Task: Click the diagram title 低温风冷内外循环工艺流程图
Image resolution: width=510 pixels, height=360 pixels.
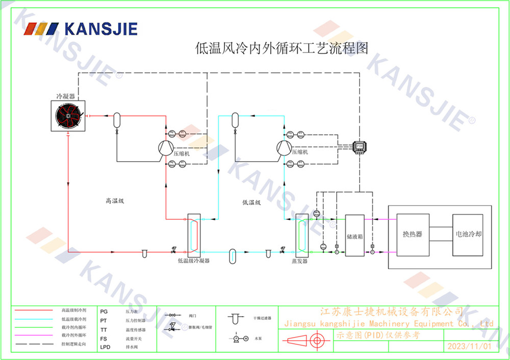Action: pos(282,48)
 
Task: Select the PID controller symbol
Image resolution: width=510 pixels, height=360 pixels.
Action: pos(359,146)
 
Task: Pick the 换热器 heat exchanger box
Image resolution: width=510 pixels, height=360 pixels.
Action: pos(412,234)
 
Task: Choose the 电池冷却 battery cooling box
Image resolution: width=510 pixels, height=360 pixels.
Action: pos(468,234)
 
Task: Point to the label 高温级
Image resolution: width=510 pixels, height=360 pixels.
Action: pos(115,201)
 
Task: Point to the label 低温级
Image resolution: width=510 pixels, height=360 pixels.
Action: pos(251,202)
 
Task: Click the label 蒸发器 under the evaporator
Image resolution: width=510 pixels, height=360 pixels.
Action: pos(299,261)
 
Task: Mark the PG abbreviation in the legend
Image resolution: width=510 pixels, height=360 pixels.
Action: pos(104,311)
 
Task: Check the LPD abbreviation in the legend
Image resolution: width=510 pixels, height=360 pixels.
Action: pos(106,347)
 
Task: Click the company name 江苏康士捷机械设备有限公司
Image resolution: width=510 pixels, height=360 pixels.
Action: pos(391,312)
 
